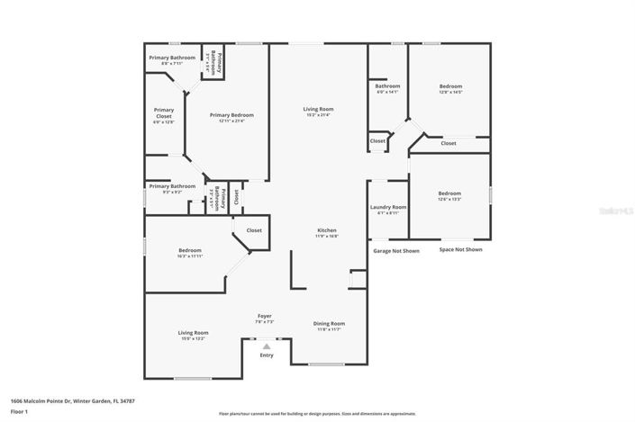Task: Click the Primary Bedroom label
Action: point(231,115)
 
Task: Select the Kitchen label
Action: point(326,230)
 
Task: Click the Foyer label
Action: point(265,316)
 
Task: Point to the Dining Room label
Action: point(328,324)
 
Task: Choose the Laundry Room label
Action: point(388,207)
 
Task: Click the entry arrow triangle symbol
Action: point(266,344)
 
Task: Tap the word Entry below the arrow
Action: point(267,355)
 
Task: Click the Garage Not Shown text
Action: point(395,251)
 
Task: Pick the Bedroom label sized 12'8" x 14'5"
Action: point(450,86)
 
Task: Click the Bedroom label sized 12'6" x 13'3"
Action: point(449,193)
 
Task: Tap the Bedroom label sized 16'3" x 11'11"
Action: point(189,250)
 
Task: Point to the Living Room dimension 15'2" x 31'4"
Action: point(318,115)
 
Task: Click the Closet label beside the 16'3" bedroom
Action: point(254,230)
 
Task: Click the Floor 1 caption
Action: point(19,411)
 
